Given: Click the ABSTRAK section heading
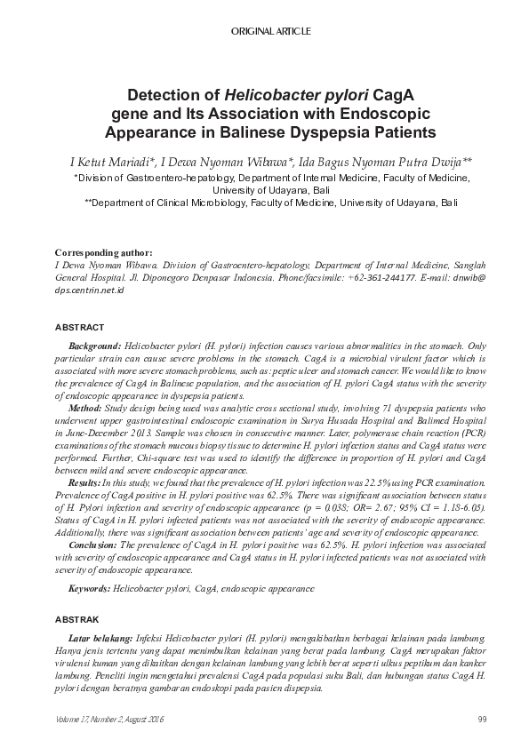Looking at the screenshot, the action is point(78,618).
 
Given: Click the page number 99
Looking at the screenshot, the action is point(482,719).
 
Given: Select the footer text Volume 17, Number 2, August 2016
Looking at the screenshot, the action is point(109,719).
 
